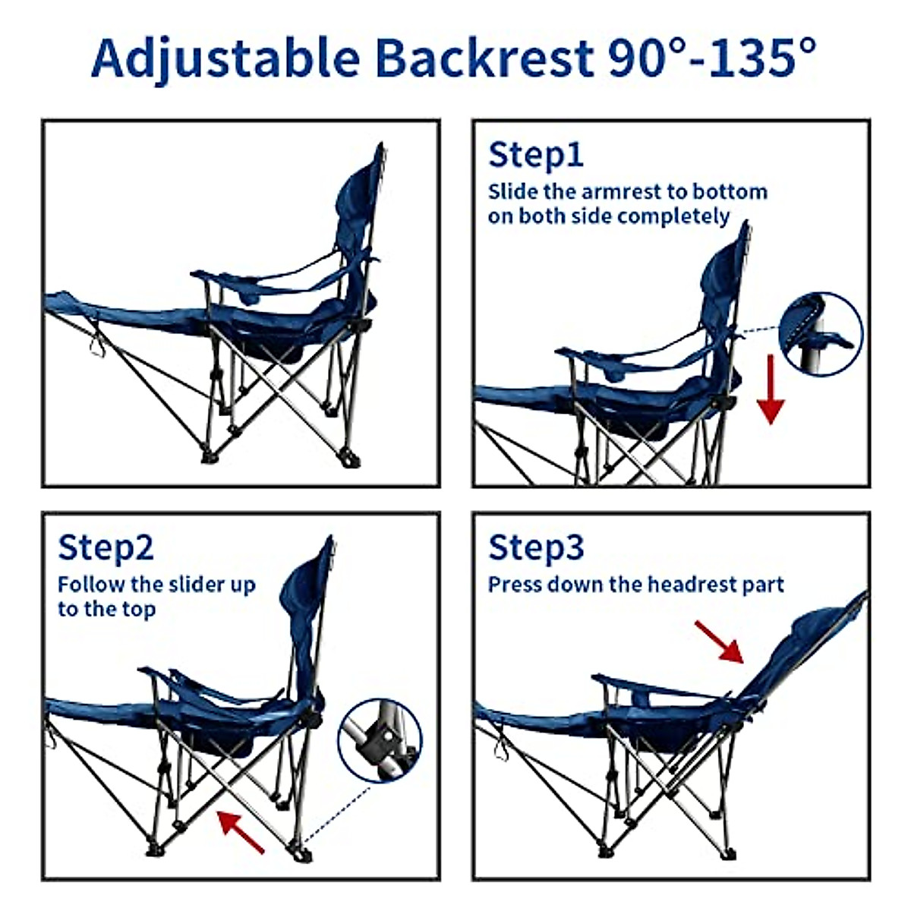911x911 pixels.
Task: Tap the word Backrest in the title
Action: [484, 57]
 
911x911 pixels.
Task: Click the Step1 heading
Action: [536, 155]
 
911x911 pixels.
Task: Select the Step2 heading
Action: [106, 547]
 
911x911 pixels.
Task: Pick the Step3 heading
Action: [536, 547]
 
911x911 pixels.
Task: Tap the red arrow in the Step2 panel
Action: [241, 831]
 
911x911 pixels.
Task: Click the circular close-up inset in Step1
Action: [821, 332]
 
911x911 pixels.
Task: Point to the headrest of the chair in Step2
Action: [307, 585]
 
